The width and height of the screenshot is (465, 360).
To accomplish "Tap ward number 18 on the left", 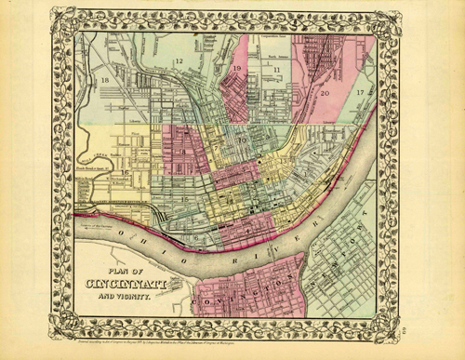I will click(105, 81).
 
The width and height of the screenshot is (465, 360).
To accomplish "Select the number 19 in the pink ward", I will click(238, 69).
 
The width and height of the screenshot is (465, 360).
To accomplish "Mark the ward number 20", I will click(325, 93).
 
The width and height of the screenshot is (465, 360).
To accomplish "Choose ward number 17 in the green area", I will click(360, 94).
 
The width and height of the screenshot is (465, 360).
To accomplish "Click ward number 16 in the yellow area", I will click(125, 171).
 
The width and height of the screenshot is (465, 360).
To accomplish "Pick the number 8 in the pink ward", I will click(184, 152).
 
